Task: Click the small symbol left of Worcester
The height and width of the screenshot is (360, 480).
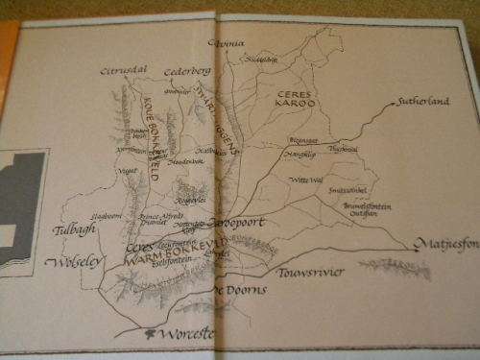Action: pos(149,333)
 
